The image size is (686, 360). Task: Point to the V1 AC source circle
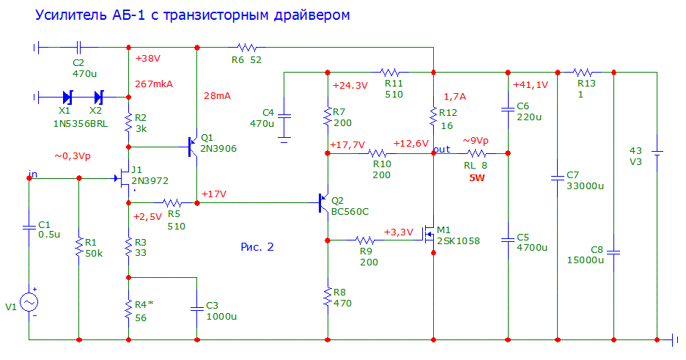(x=29, y=301)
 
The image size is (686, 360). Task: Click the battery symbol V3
(x=657, y=153)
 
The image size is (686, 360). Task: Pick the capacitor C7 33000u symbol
(x=558, y=177)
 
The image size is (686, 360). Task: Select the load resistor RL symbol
(x=476, y=153)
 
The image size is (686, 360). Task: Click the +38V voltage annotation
(x=147, y=59)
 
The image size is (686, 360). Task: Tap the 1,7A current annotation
(x=455, y=96)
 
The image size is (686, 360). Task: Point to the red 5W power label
(x=477, y=177)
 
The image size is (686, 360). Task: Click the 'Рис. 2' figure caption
(x=257, y=247)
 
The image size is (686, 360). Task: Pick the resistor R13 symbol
(x=585, y=72)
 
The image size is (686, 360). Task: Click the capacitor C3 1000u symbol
(x=196, y=307)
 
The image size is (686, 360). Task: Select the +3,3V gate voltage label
(x=398, y=232)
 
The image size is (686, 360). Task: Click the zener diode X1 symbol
(x=68, y=96)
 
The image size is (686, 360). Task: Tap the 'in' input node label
(x=32, y=174)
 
